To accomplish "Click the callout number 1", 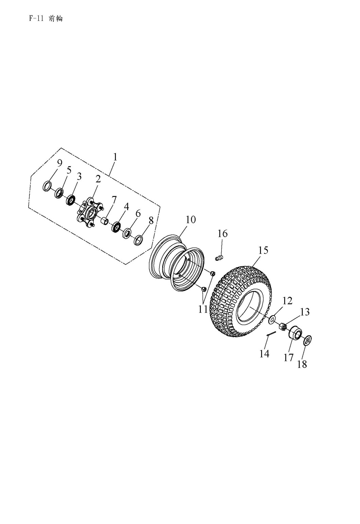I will (x=115, y=157).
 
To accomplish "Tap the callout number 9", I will (x=59, y=163).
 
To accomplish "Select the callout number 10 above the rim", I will (x=190, y=220).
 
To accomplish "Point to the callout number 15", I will (x=263, y=250).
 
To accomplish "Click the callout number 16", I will (x=223, y=234).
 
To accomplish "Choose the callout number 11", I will (x=203, y=309).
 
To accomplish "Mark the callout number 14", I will (x=264, y=354).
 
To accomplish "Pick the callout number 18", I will (x=302, y=364).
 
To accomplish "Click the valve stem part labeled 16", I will (x=220, y=258).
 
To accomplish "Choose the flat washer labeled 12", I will (x=272, y=320).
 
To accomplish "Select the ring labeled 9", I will (x=48, y=186).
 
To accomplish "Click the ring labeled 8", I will (x=138, y=240).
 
